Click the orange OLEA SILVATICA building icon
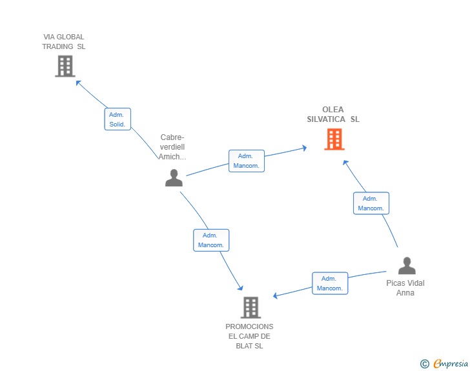(x=334, y=139)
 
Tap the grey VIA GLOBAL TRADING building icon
(x=65, y=66)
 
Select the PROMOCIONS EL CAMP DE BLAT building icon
(x=251, y=308)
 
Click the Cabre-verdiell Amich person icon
(x=174, y=177)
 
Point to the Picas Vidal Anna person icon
(x=407, y=266)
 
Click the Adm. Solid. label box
(x=117, y=119)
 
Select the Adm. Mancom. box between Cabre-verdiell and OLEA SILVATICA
(x=247, y=161)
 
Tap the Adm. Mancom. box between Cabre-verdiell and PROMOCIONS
(x=211, y=240)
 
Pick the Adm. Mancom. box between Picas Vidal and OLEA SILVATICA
(x=371, y=203)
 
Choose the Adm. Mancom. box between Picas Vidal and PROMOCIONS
(x=330, y=283)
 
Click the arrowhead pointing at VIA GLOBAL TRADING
(x=79, y=83)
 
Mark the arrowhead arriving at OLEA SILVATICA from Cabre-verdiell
(x=304, y=148)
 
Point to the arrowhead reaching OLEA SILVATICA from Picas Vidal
(x=345, y=163)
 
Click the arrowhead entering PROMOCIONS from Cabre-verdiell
(x=240, y=288)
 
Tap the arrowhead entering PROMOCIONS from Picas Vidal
(x=276, y=296)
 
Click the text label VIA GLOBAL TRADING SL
(x=63, y=42)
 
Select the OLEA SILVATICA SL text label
(x=333, y=114)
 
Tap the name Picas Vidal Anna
(x=405, y=288)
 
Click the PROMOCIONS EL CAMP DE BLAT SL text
(x=249, y=336)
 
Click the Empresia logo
(x=444, y=363)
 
